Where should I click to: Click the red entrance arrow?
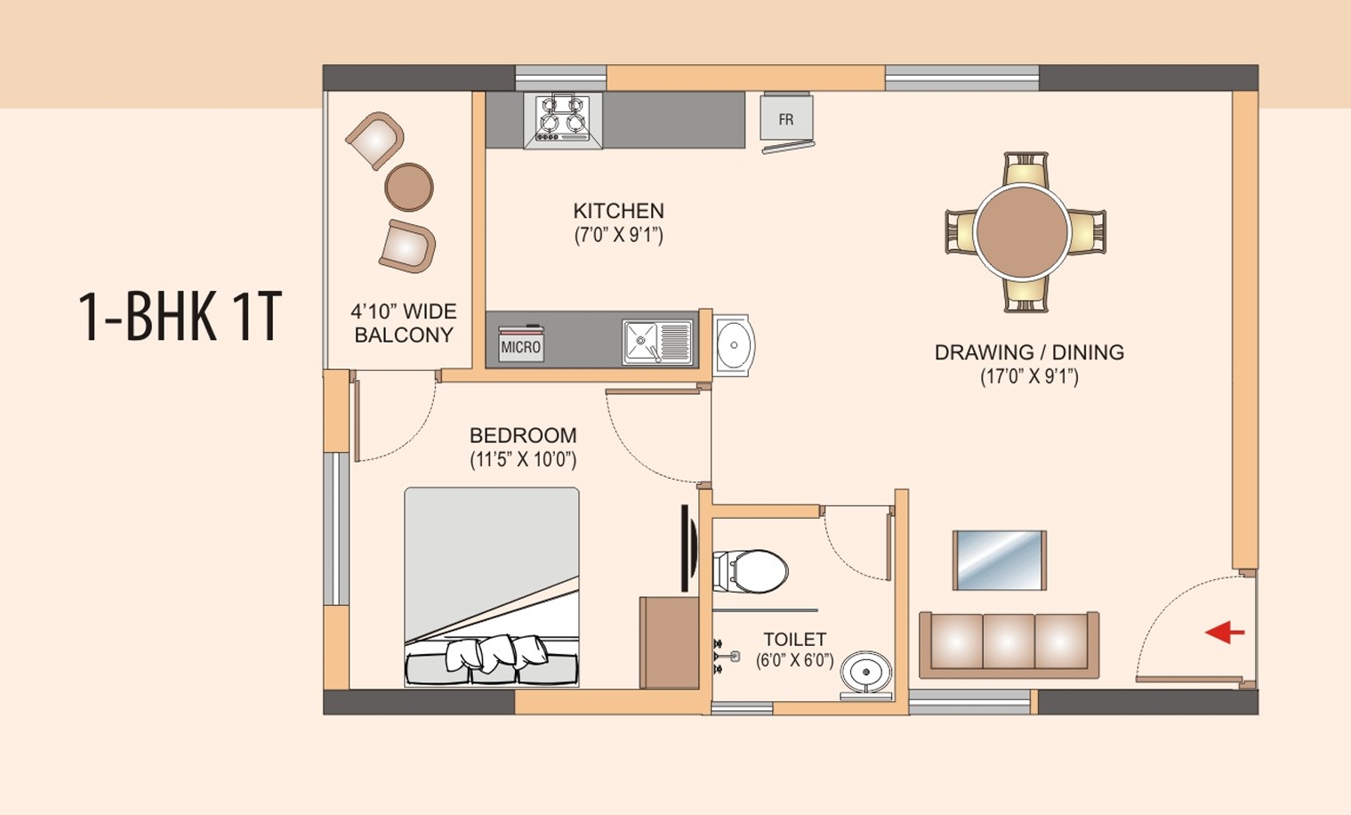(1225, 633)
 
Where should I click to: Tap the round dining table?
(1022, 231)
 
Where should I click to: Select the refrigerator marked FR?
(786, 119)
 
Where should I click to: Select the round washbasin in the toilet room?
(866, 672)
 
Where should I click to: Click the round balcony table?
(409, 187)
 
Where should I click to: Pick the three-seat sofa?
(1009, 642)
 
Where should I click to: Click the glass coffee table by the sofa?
(999, 560)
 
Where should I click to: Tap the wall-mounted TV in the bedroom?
(686, 548)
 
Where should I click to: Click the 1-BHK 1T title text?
(180, 316)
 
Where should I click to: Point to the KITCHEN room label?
(618, 211)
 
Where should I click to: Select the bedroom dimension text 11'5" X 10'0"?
(523, 460)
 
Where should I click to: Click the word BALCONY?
(404, 335)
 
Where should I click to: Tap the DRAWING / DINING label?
(1029, 352)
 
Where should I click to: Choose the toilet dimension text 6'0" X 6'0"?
(794, 660)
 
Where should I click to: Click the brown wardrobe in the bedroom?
(669, 642)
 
